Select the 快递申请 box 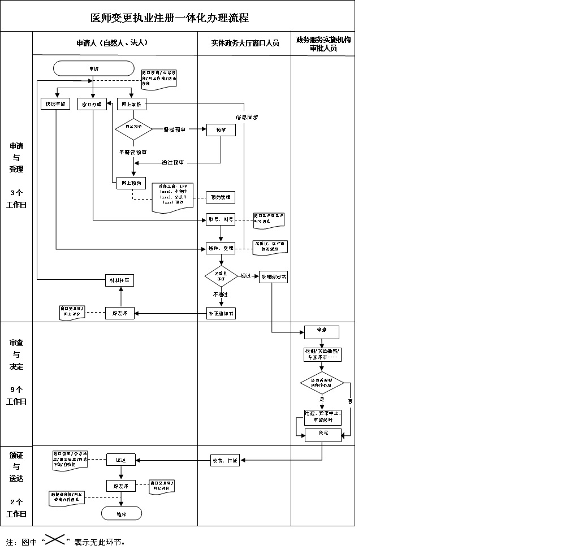pos(56,105)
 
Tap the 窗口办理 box pos(92,105)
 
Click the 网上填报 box pos(132,105)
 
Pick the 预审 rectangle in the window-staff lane pos(221,130)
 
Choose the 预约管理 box pos(221,197)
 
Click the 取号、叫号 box pos(221,219)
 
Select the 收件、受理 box pos(221,248)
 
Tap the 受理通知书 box pos(274,277)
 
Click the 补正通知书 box pos(221,313)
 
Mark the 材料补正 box pos(121,280)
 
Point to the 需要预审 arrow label pos(174,130)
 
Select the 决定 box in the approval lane pos(323,434)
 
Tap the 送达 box pos(121,460)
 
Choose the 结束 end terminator pos(121,513)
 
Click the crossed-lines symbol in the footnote pos(54,541)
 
